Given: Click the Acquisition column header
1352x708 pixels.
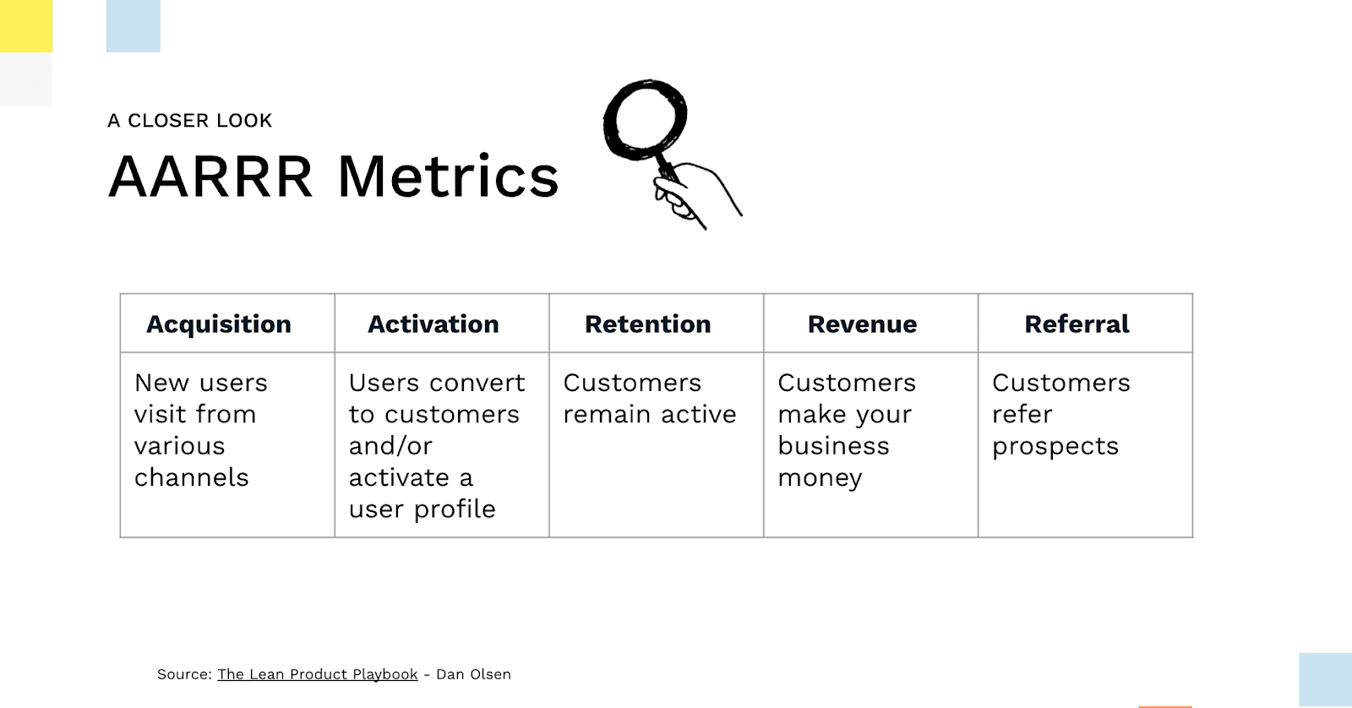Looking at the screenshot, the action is pyautogui.click(x=219, y=324).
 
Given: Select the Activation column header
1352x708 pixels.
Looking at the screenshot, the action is pyautogui.click(x=433, y=324).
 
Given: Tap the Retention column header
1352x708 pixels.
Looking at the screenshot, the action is pyautogui.click(x=647, y=324).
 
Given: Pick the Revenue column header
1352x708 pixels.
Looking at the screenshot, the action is pyautogui.click(x=862, y=324).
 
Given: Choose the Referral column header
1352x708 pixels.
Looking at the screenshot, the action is pyautogui.click(x=1077, y=324).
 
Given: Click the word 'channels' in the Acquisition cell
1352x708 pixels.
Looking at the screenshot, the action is pyautogui.click(x=191, y=477).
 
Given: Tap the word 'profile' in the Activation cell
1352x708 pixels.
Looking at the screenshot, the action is pyautogui.click(x=455, y=509).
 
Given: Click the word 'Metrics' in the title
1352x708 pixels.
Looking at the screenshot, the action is pyautogui.click(x=448, y=177).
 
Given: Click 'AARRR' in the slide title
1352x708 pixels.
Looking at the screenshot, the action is pyautogui.click(x=210, y=177).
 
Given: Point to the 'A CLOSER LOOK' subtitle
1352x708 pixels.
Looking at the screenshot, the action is pyautogui.click(x=189, y=121).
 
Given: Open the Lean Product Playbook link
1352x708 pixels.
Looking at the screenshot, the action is pyautogui.click(x=318, y=674).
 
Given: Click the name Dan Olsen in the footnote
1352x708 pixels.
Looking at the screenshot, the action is pyautogui.click(x=473, y=674).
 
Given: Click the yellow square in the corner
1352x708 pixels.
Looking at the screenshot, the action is pyautogui.click(x=26, y=26).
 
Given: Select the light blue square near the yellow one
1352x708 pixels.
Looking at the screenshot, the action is pyautogui.click(x=134, y=26).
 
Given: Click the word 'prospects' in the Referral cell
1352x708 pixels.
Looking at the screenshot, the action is pyautogui.click(x=1055, y=447).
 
